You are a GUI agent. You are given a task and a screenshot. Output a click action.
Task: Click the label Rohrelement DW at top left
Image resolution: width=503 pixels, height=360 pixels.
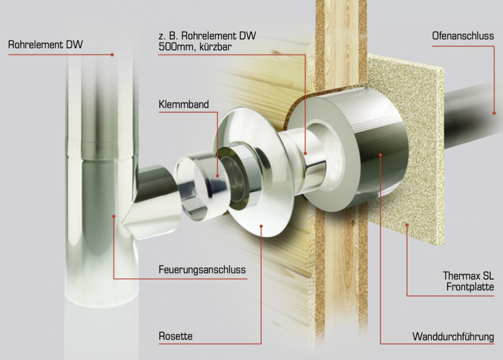coord(45,44)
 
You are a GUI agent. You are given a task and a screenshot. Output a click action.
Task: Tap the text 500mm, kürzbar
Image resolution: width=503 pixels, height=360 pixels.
coord(195,47)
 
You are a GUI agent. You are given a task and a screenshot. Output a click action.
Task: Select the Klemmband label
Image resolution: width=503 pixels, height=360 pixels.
coord(184,104)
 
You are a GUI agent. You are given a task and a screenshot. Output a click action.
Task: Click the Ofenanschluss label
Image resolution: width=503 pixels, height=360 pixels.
coord(463,36)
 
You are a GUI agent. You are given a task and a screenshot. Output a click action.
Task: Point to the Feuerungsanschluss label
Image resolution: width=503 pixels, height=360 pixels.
coord(202,269)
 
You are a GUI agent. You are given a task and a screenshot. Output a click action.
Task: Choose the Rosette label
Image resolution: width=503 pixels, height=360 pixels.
coord(175,336)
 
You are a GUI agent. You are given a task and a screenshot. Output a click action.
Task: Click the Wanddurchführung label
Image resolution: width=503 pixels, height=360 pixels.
coord(453,336)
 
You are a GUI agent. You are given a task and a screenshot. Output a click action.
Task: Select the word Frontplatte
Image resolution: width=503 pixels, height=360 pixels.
coord(470,287)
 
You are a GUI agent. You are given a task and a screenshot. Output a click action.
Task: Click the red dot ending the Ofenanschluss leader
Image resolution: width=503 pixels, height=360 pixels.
coord(494,113)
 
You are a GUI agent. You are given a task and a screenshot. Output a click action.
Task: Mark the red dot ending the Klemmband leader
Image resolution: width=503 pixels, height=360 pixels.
coord(217,176)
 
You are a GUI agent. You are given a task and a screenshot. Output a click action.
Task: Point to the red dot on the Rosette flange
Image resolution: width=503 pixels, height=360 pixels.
coord(261,226)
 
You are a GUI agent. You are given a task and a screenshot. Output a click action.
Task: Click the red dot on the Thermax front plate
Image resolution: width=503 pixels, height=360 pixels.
coord(407,225)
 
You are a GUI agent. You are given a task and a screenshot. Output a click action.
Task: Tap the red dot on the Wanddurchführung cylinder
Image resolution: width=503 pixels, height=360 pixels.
coord(380,155)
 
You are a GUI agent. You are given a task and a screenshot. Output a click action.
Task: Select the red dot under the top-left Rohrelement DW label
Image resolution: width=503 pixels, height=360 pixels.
coord(112,55)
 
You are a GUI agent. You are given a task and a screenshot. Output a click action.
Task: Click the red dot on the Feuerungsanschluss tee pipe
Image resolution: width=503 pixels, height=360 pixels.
coord(114,216)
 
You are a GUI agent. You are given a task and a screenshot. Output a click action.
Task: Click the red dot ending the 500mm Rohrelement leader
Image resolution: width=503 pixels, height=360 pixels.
coord(305,153)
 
